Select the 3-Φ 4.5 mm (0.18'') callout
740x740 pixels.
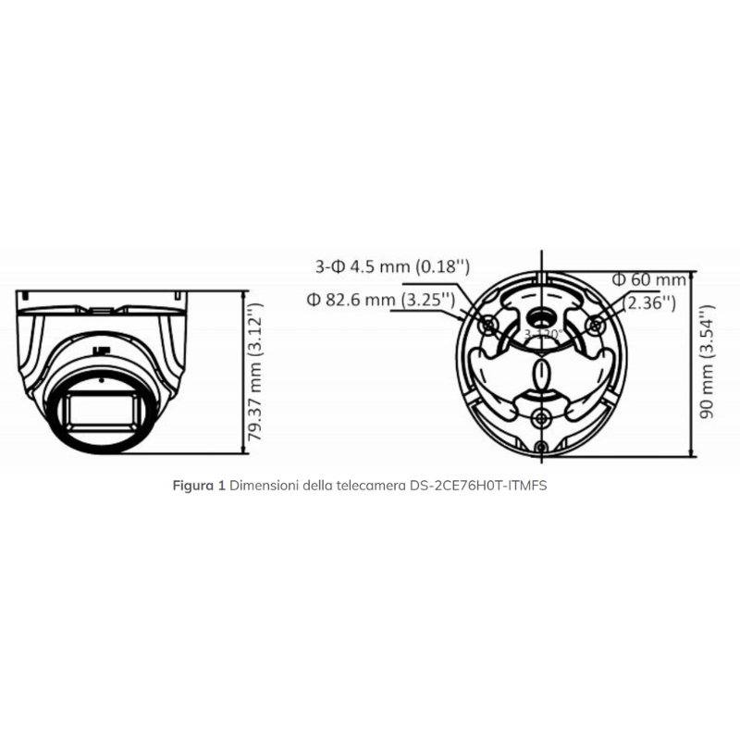(x=393, y=267)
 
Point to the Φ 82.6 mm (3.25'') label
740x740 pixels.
(x=380, y=299)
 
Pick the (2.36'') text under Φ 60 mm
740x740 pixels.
(x=650, y=302)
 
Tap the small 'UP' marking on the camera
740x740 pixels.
(x=98, y=351)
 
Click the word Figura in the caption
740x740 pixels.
(x=193, y=485)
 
